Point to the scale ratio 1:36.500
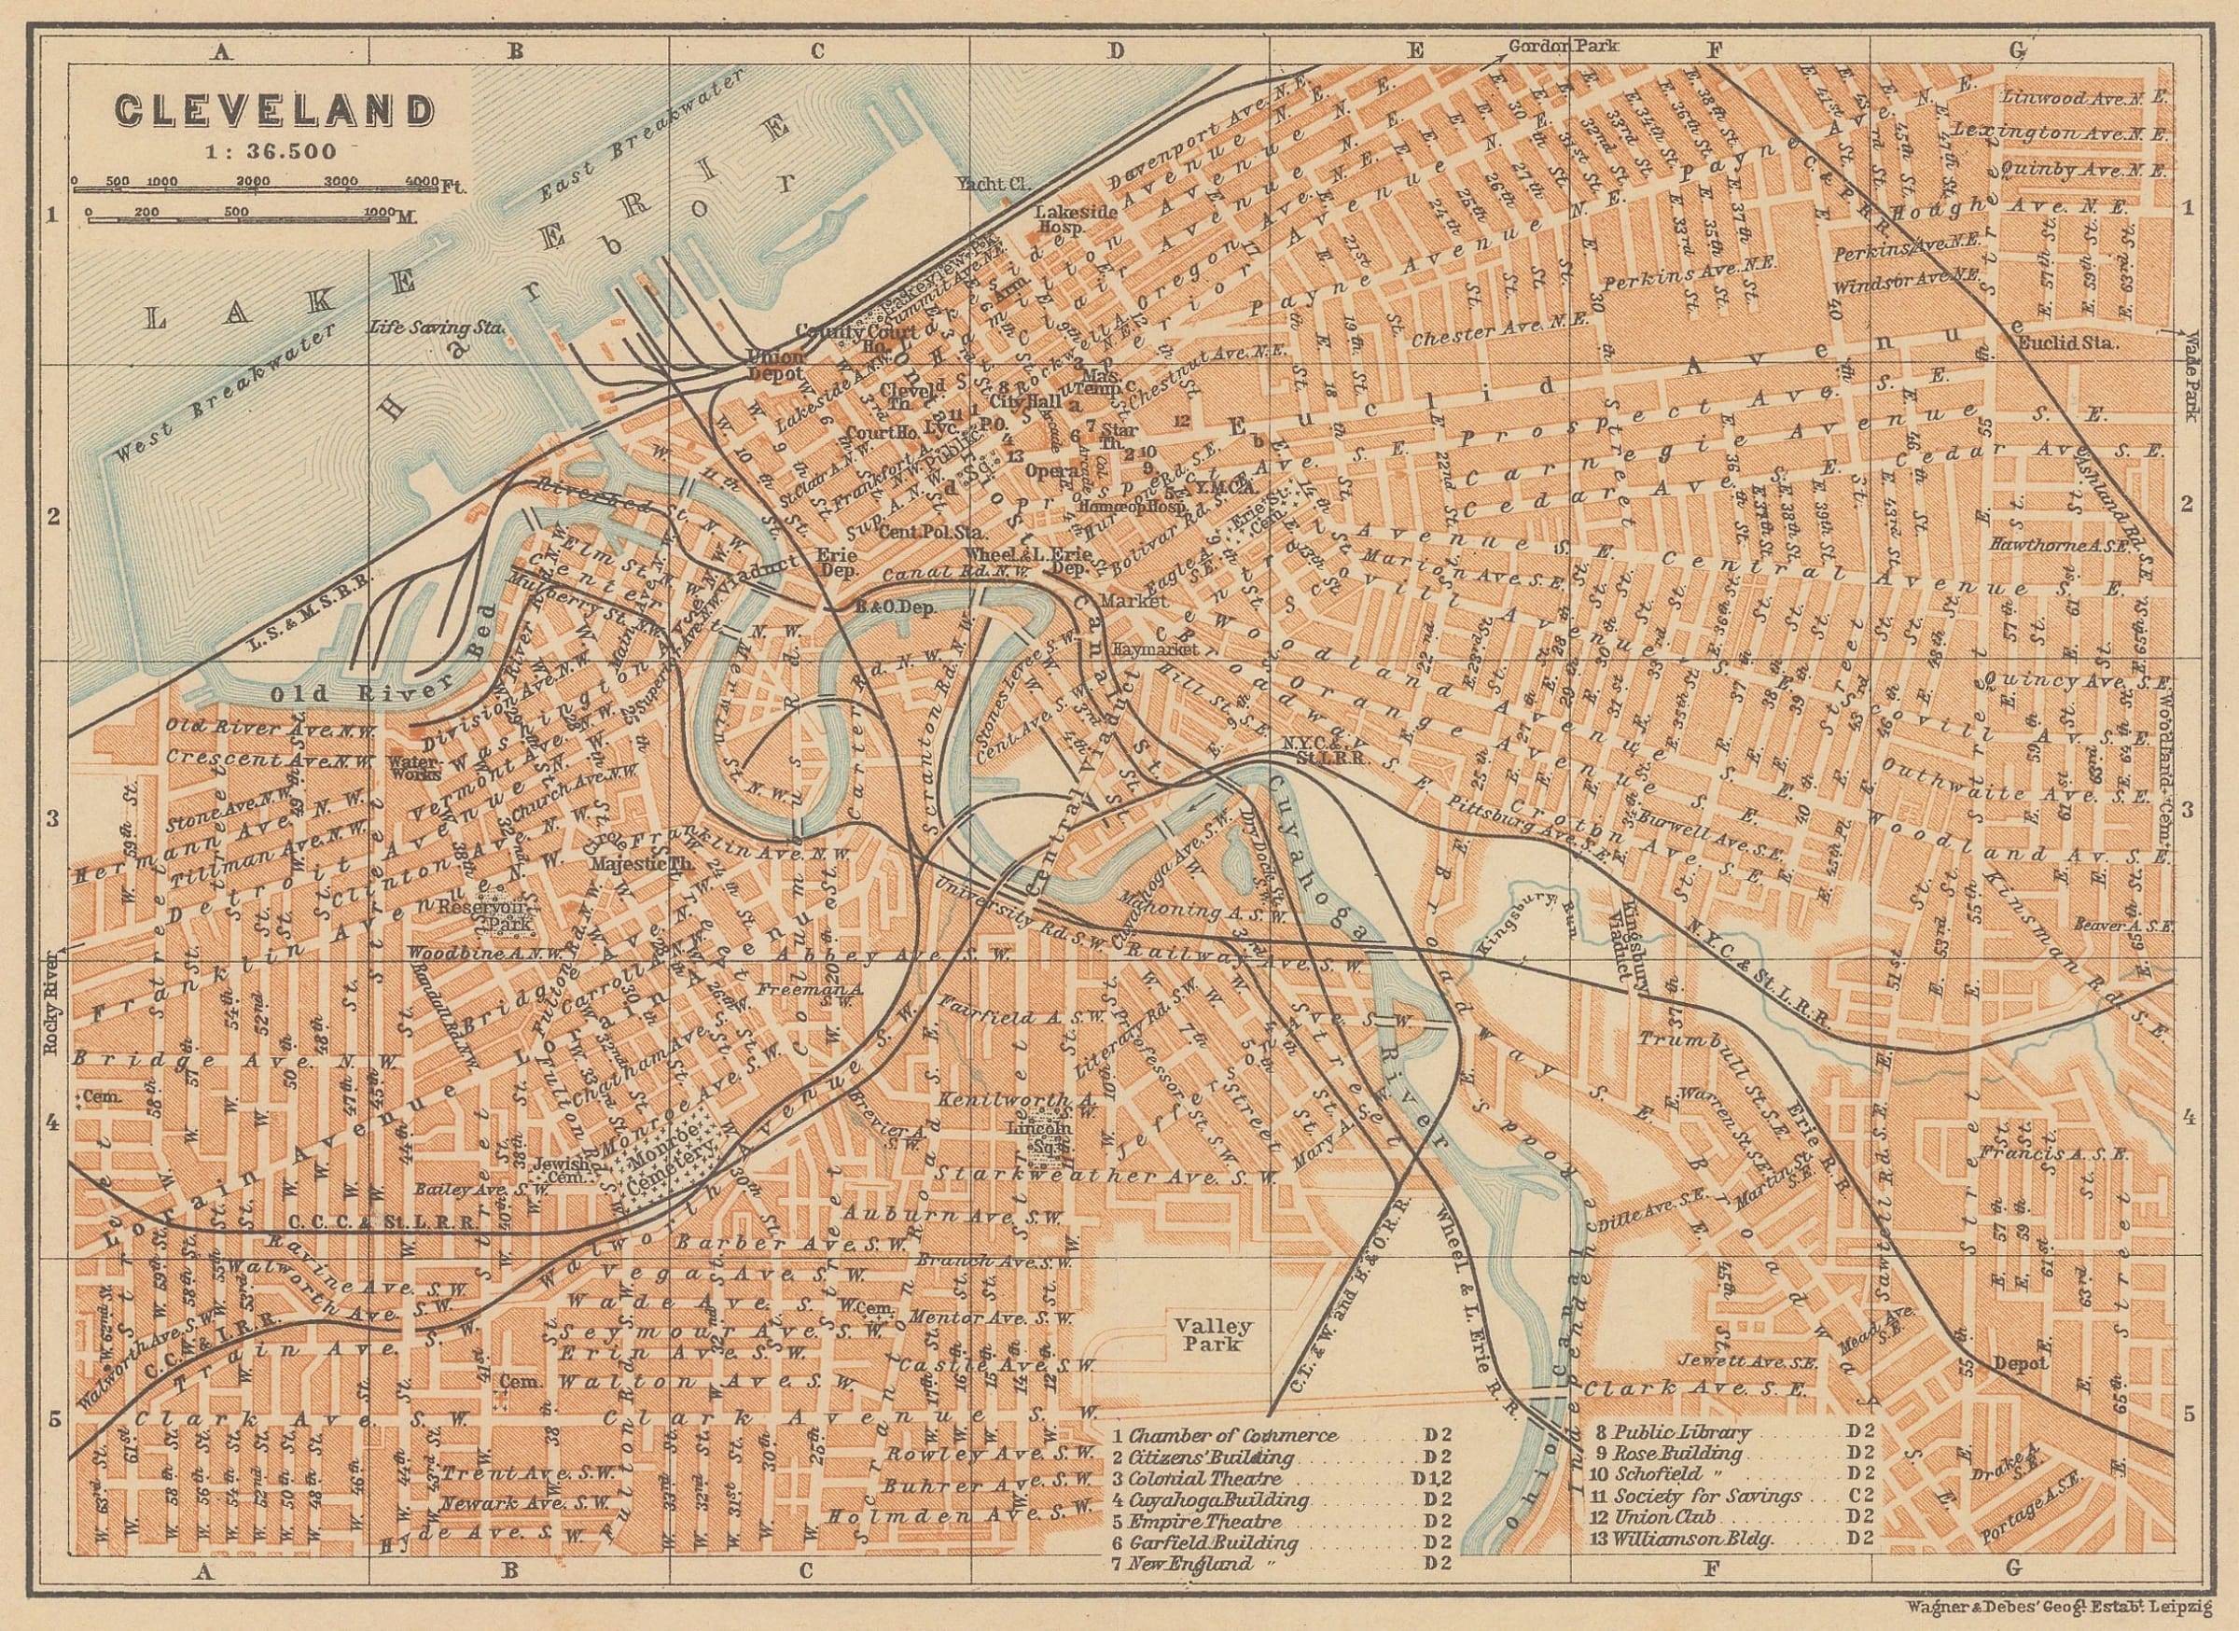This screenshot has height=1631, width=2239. click(x=271, y=151)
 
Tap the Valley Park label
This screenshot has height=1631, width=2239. click(x=1202, y=1334)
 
